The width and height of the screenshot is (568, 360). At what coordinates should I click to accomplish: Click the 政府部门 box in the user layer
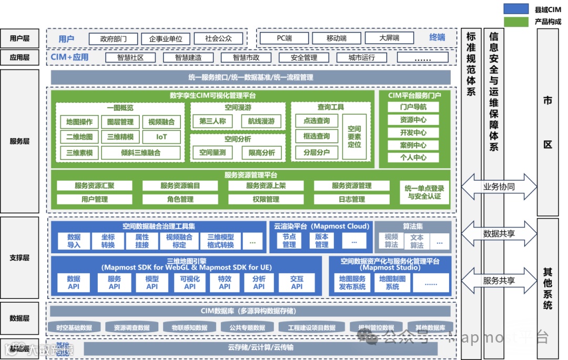113,38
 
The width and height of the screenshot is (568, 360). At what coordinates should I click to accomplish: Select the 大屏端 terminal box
389,38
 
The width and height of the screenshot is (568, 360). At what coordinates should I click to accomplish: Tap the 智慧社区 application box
130,57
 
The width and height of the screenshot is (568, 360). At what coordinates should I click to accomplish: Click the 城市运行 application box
362,57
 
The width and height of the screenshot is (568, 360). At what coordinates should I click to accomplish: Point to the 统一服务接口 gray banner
250,77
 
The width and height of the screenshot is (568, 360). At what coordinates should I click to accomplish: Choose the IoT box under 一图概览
161,137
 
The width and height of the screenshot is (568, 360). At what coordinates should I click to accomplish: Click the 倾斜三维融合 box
141,153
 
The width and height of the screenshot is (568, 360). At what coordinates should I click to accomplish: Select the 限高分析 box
261,153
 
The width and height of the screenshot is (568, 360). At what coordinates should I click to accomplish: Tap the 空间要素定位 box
354,137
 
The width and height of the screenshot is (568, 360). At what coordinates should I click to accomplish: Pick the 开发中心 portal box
413,132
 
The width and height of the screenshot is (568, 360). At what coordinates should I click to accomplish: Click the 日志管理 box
351,199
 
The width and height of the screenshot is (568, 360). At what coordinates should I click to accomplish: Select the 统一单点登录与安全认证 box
424,192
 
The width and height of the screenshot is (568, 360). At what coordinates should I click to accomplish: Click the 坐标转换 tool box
108,241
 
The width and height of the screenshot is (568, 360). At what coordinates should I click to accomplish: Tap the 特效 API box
225,283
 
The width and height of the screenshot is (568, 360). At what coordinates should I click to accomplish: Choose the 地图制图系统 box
392,283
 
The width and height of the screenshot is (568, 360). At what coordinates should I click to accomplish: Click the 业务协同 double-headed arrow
499,187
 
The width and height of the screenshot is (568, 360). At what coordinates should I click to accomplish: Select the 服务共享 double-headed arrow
499,281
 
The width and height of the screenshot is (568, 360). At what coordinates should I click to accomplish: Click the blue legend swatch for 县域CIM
516,9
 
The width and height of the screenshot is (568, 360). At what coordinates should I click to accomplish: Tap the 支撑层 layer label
20,258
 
